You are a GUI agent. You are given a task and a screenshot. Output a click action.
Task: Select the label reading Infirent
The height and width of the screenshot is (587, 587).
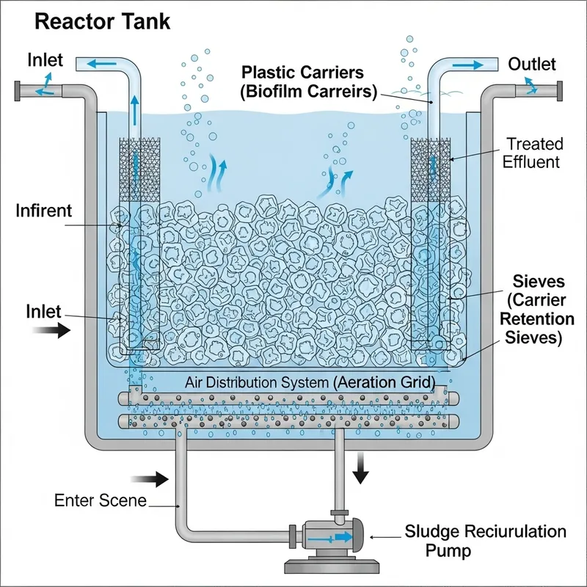pyautogui.click(x=44, y=211)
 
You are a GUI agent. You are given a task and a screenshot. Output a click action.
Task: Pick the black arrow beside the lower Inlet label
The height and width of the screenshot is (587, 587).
pyautogui.click(x=56, y=330)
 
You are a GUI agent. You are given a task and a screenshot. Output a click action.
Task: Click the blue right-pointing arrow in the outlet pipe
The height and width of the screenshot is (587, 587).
pyautogui.click(x=463, y=65)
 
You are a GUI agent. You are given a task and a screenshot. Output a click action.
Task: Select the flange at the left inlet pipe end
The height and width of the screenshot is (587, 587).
pyautogui.click(x=17, y=92)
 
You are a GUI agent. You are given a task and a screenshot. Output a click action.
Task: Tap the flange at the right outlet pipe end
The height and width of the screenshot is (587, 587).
pyautogui.click(x=559, y=91)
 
